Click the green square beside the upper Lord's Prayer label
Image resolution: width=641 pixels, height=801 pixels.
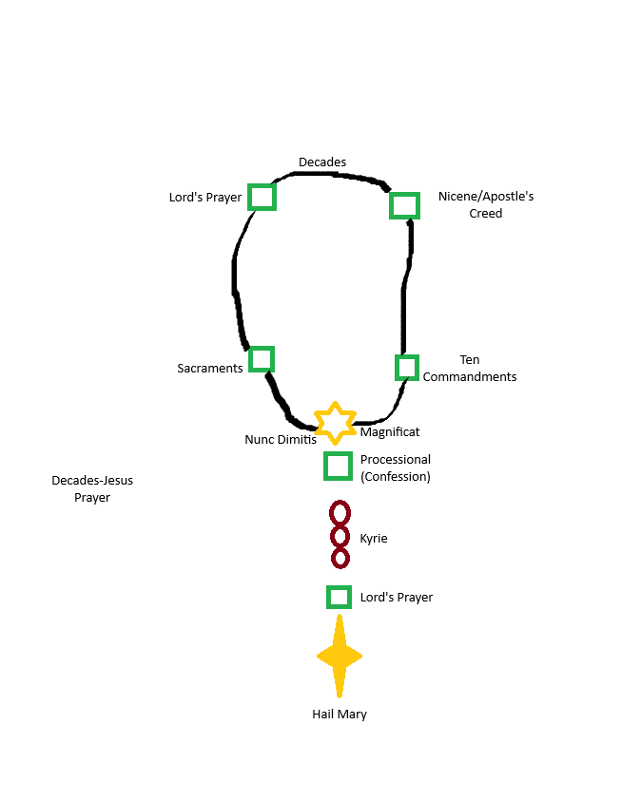[x=262, y=197]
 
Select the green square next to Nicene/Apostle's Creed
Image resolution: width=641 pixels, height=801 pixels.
[x=404, y=205]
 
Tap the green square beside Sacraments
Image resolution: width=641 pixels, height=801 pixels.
[x=262, y=359]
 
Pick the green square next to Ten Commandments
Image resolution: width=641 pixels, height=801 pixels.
[x=407, y=368]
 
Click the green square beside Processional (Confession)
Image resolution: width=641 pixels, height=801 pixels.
[x=339, y=466]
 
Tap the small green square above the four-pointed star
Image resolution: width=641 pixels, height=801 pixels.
[x=339, y=597]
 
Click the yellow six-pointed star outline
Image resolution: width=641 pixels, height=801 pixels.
[x=335, y=423]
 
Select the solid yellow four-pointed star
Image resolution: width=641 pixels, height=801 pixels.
[x=340, y=657]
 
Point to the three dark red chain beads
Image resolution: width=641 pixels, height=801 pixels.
[x=340, y=536]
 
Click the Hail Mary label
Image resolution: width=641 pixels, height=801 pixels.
[x=340, y=715]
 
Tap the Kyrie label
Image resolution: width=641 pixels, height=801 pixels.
[x=374, y=539]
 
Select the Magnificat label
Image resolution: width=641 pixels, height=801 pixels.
[x=390, y=432]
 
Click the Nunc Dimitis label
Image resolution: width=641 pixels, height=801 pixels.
[x=281, y=440]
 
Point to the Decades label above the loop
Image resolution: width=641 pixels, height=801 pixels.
[x=322, y=162]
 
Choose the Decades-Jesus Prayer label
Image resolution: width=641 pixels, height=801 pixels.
[x=92, y=488]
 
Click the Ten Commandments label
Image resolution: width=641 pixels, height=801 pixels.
[x=470, y=369]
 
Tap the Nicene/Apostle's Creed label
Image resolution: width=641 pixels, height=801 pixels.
[x=486, y=205]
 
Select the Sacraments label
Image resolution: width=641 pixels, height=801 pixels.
[x=210, y=368]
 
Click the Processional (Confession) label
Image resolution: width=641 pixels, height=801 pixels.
[x=396, y=467]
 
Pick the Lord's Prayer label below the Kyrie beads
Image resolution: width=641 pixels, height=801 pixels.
[x=397, y=598]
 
